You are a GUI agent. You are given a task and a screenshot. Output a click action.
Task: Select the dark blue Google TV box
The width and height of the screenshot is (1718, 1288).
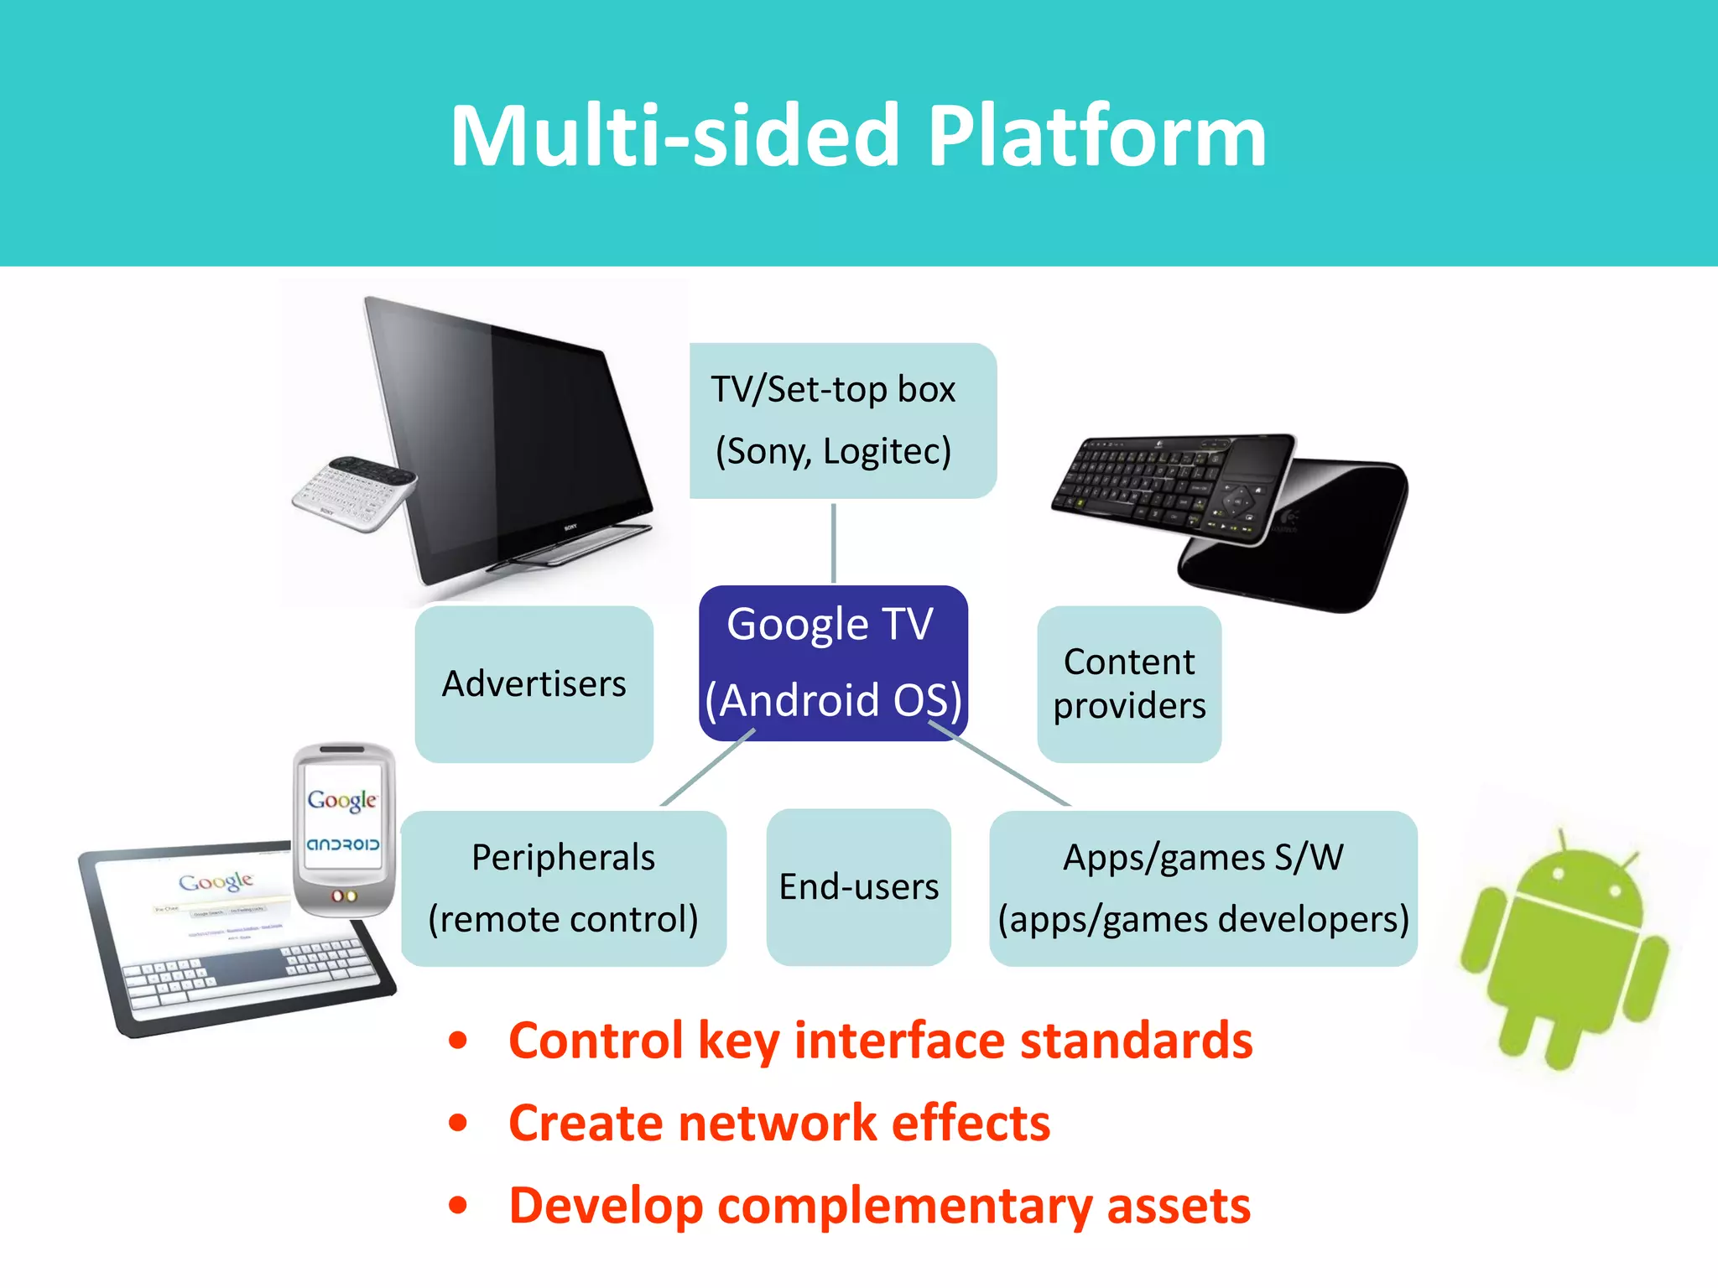tap(832, 662)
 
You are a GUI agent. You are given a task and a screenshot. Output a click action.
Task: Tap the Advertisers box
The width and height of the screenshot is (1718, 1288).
tap(534, 684)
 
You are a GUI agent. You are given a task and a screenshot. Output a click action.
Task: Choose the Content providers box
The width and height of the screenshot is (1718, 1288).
tap(1128, 684)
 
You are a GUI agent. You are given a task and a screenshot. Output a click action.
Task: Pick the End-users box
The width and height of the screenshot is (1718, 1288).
tap(858, 887)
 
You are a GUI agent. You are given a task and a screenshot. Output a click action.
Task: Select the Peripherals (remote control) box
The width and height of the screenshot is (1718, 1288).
tap(563, 889)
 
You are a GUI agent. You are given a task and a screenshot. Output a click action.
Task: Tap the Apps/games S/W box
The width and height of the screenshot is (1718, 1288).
tap(1202, 889)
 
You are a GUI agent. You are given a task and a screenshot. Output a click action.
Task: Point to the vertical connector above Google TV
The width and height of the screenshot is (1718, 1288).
tap(833, 543)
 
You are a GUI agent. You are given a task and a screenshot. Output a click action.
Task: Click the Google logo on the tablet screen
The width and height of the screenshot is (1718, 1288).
tap(216, 881)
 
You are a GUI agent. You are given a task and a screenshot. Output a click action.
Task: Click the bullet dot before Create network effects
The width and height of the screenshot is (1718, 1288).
tap(458, 1123)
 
